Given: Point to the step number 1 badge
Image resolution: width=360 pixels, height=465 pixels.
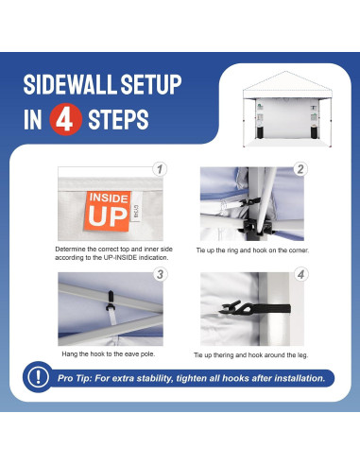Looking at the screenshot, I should pos(160,170).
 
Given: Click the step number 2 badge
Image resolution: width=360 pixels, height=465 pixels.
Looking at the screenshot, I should pos(300,170).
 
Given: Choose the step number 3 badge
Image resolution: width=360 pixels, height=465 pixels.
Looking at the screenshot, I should pos(160,275).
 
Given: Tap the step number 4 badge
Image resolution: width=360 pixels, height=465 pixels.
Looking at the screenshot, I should pos(300,275).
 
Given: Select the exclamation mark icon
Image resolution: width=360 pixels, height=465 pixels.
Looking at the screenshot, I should pos(39,378).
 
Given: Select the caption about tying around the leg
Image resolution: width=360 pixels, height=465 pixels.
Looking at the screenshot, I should pos(250,354).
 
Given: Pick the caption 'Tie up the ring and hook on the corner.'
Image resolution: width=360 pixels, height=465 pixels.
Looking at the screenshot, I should pos(253,250).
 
